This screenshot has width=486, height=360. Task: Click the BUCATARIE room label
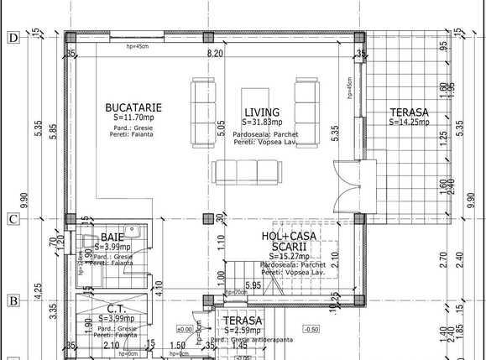tap(133, 107)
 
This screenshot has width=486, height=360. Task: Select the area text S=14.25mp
tap(409, 122)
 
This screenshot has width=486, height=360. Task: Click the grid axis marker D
tap(13, 38)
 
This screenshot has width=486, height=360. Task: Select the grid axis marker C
tap(13, 220)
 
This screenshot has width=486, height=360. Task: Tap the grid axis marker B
tap(13, 300)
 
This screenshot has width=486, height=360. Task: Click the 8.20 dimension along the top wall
tap(216, 53)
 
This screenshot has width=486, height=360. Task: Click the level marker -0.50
tap(311, 328)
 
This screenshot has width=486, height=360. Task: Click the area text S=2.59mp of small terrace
tap(242, 331)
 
